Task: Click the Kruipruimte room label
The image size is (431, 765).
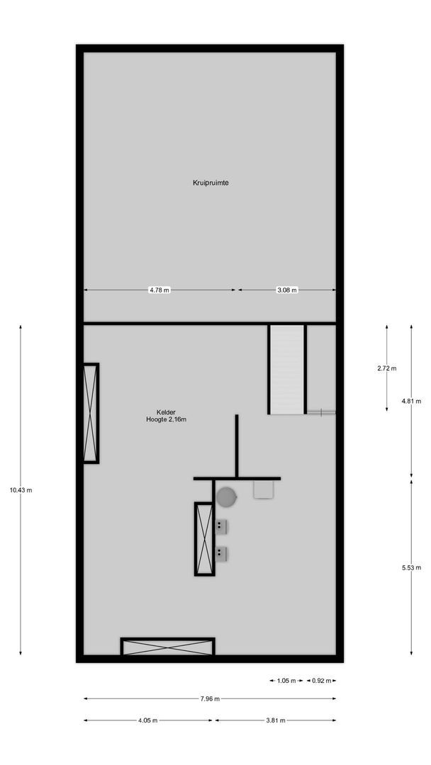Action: point(211,183)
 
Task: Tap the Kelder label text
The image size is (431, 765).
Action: point(167,412)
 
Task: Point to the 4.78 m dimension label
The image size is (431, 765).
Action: point(159,290)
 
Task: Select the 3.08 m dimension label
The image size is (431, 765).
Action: point(287,290)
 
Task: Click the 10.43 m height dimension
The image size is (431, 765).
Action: point(21,490)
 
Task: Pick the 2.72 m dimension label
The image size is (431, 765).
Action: point(387,368)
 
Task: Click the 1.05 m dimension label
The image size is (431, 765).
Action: point(286,681)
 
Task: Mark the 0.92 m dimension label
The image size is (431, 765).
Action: point(320,681)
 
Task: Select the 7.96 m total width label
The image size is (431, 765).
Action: point(210,699)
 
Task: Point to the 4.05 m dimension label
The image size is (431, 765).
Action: point(147,720)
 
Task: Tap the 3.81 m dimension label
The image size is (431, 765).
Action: point(275,720)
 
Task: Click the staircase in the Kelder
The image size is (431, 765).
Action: point(287,369)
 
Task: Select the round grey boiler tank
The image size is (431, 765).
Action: point(227,497)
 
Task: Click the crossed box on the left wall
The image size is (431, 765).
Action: point(91,413)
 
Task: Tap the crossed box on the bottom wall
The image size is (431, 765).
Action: point(167,647)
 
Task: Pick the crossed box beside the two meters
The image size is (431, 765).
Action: point(204,538)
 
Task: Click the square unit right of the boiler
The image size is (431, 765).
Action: point(263,489)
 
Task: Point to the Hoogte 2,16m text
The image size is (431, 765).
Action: point(167,419)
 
